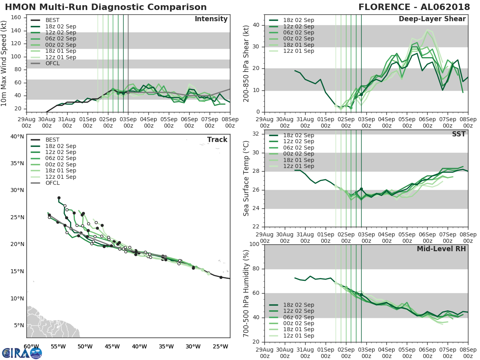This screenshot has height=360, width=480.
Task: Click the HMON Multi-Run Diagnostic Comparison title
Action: click(x=106, y=7)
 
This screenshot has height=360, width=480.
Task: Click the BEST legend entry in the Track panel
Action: click(x=52, y=140)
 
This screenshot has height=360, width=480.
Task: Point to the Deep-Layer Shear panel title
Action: click(x=432, y=19)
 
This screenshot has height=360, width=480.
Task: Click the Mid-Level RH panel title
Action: click(x=441, y=249)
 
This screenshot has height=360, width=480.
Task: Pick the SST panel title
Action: click(x=458, y=134)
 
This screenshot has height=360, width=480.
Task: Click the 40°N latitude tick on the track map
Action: click(x=17, y=136)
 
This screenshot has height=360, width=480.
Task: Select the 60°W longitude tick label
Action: click(x=31, y=346)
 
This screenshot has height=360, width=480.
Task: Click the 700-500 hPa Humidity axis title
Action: click(x=246, y=293)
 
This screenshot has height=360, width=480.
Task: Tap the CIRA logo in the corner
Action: click(x=22, y=352)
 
